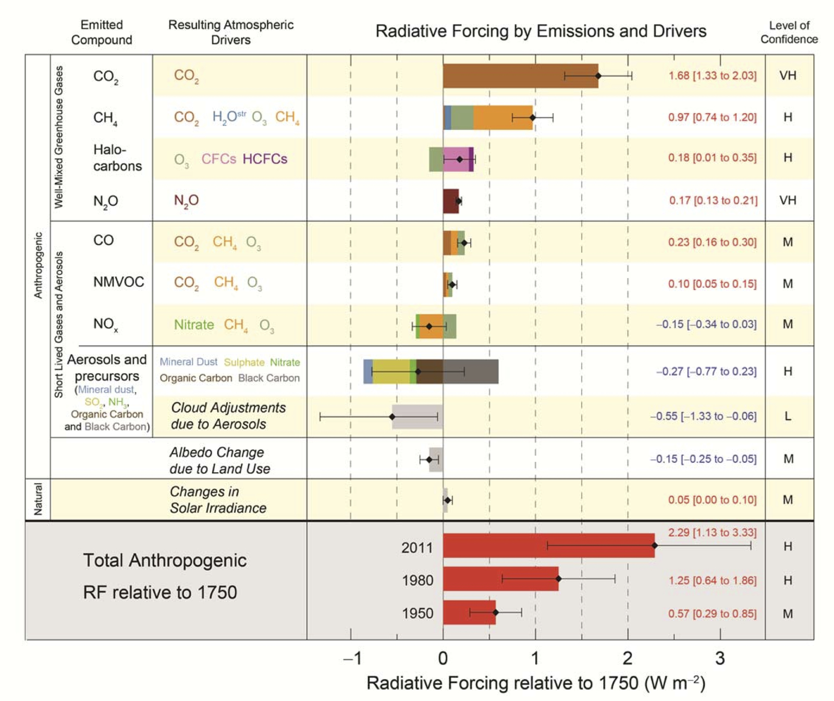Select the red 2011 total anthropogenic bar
pos(547,545)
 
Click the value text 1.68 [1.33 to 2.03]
pos(712,76)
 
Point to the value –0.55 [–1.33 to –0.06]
pos(703,416)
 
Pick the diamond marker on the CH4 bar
pos(532,117)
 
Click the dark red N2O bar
pos(450,201)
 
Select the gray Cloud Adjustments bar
pos(417,416)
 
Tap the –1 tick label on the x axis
pos(352,658)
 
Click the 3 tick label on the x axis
pos(720,658)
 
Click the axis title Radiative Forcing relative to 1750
pos(535,683)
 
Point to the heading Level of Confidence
pos(789,32)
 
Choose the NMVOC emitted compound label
pos(118,282)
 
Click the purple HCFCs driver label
pos(265,159)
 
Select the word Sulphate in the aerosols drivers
pos(244,362)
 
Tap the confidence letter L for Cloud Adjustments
pos(788,416)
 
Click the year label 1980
pos(417,580)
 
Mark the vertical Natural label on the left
pos(38,499)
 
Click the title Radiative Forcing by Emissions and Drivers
pos(541,31)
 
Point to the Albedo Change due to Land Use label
pos(219,460)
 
